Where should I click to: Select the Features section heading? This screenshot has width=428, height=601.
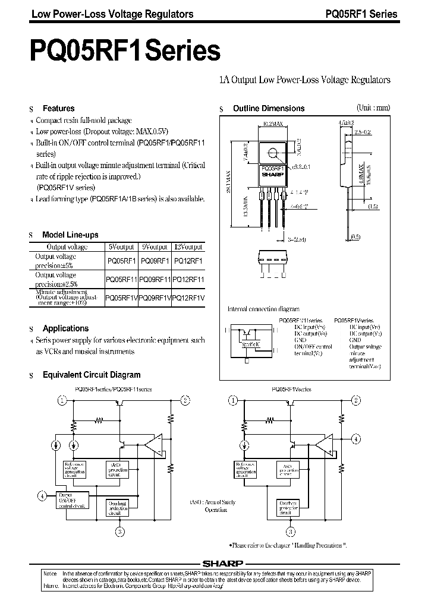coord(58,109)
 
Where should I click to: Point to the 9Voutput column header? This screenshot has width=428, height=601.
coord(154,246)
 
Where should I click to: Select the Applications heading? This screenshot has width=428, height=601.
coord(65,328)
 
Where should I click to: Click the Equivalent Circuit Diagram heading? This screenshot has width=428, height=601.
coord(92,375)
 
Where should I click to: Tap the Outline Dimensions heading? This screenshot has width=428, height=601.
coord(268,109)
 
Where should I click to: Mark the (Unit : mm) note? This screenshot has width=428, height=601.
coord(373,107)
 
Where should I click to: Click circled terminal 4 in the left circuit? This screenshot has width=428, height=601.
coord(42,495)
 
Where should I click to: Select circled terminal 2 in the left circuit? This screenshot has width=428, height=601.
coord(185,400)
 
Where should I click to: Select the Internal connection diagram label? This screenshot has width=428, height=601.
coord(260,309)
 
